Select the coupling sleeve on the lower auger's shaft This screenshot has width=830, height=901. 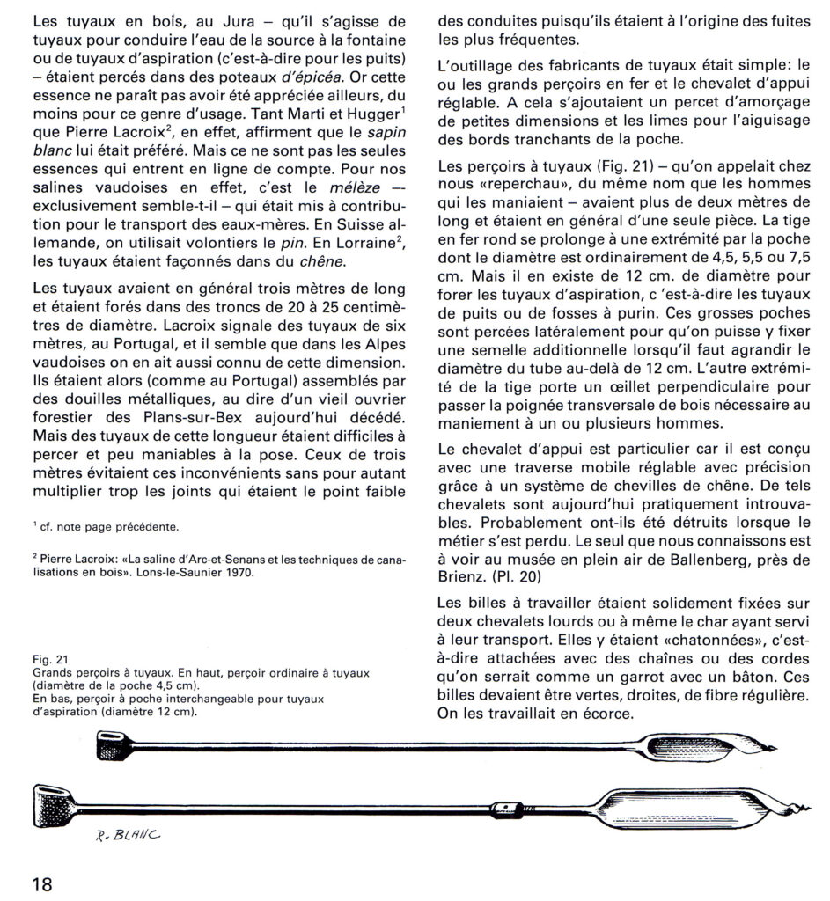click(x=504, y=806)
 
